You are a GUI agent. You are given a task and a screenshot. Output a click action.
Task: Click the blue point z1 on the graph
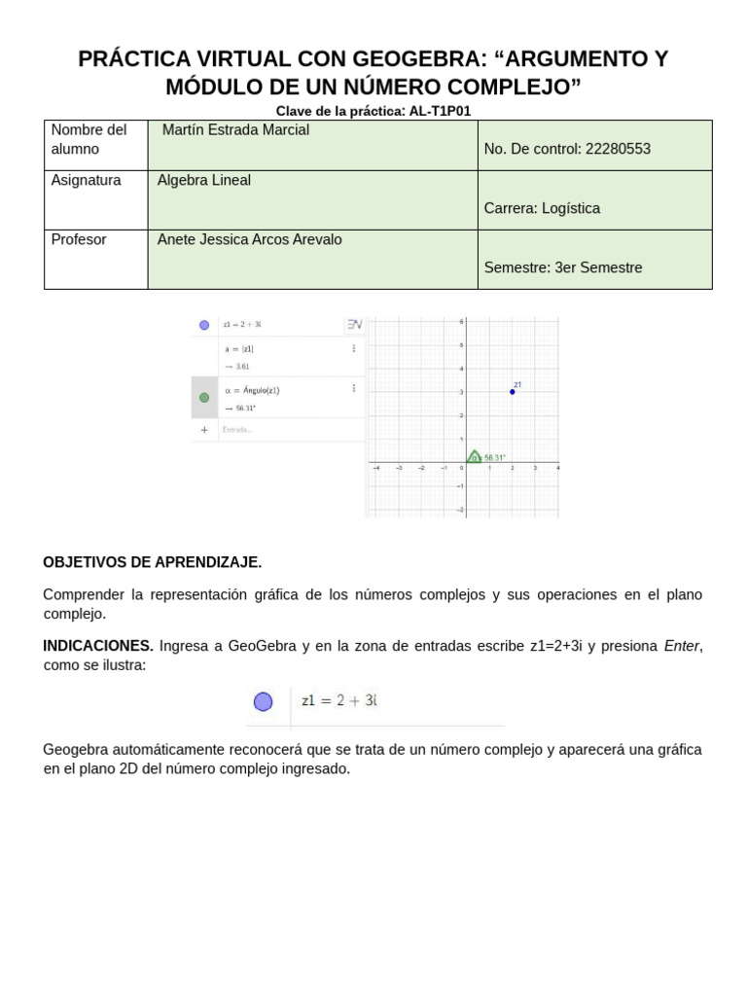(x=512, y=392)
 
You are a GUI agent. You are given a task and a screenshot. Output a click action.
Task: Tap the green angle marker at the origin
(x=474, y=456)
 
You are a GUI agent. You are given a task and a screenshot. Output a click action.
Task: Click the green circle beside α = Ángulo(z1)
(x=204, y=397)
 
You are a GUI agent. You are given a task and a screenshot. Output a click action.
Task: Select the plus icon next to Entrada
(x=204, y=429)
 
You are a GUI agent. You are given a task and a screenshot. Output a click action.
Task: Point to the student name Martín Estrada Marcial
(x=235, y=130)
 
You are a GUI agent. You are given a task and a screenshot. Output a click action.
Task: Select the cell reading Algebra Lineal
(x=204, y=180)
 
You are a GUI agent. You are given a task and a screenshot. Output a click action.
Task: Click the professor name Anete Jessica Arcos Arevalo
(x=250, y=239)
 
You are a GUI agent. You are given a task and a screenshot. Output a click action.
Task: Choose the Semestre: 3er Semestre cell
(x=563, y=267)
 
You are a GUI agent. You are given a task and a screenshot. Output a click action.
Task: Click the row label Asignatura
(x=87, y=180)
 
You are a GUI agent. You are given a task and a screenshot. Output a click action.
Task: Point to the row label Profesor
(x=79, y=239)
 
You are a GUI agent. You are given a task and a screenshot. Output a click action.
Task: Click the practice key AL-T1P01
(x=440, y=111)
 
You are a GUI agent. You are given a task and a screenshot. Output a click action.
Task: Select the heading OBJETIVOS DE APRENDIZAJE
(x=153, y=562)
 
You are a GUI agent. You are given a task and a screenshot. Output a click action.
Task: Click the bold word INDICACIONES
(x=98, y=646)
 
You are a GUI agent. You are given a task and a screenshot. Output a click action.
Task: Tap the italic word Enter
(x=681, y=646)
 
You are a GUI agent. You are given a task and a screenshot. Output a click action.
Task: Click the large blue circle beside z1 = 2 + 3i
(x=263, y=701)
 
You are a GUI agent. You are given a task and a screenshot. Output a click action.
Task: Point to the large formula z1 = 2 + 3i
(x=338, y=700)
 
